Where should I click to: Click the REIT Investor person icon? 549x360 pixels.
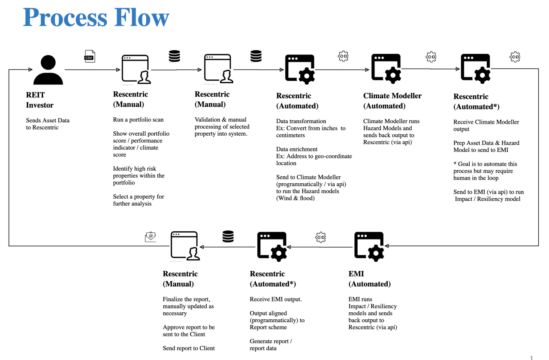(48, 70)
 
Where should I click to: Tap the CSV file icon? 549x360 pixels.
(89, 57)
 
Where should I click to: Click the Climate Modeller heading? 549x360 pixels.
(392, 101)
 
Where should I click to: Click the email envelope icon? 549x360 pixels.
(150, 236)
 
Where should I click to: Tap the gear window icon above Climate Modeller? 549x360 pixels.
(386, 68)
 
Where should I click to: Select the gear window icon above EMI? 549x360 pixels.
(369, 247)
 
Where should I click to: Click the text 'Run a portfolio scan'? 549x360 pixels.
(138, 120)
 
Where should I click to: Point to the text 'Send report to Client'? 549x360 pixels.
(189, 348)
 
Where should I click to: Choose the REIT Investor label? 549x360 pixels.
(39, 100)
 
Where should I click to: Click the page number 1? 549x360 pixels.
(531, 357)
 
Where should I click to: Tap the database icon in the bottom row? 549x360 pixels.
(228, 236)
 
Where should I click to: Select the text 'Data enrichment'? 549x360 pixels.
(297, 149)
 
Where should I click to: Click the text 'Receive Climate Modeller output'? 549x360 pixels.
(486, 125)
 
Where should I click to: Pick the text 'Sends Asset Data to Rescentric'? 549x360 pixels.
(48, 124)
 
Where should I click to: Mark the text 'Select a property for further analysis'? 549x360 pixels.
(139, 200)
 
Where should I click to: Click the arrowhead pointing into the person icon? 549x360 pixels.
(30, 70)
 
